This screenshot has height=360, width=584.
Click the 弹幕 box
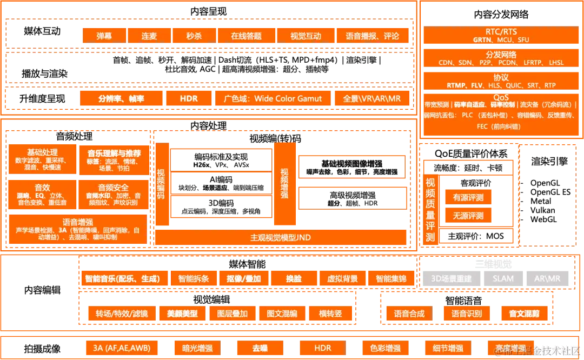pyautogui.click(x=104, y=36)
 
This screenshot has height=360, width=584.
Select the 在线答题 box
pyautogui.click(x=246, y=36)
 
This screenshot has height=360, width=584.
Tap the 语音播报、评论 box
pyautogui.click(x=372, y=36)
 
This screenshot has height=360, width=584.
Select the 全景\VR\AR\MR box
pyautogui.click(x=371, y=98)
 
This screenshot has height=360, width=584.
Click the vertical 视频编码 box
pyautogui.click(x=161, y=184)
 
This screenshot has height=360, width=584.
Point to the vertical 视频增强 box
pyautogui.click(x=285, y=184)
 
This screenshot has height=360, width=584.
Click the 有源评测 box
pyautogui.click(x=468, y=197)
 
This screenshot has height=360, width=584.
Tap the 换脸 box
pyautogui.click(x=294, y=279)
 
